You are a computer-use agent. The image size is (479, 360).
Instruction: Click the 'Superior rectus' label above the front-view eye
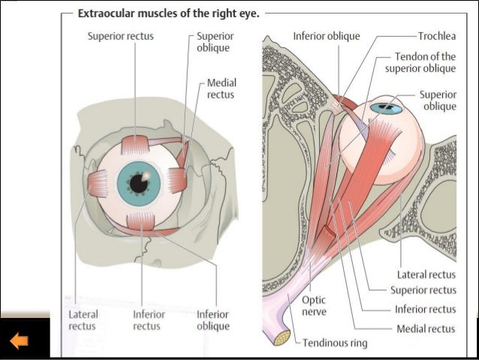tap(121, 36)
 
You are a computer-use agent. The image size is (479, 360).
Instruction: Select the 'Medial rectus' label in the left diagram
tap(220, 89)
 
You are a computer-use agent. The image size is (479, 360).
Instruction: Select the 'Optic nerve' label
tap(313, 304)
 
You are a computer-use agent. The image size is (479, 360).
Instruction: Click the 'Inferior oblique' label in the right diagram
tap(327, 36)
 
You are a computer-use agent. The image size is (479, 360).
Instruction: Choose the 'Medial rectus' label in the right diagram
tap(426, 328)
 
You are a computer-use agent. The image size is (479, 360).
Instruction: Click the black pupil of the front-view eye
tap(137, 183)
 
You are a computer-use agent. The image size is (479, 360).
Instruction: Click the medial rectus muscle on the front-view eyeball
tap(177, 180)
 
